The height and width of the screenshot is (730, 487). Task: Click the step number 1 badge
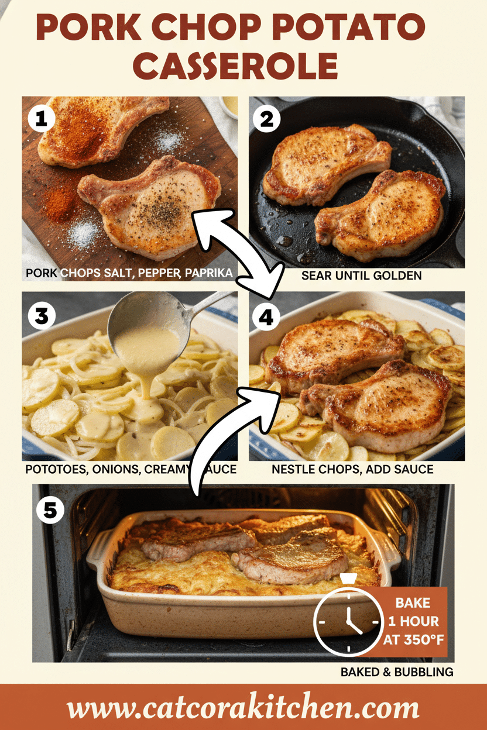(x=41, y=119)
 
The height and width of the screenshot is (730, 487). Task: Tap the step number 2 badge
(x=267, y=119)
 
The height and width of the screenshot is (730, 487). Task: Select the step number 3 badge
(x=41, y=316)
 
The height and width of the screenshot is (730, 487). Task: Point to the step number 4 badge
(x=267, y=316)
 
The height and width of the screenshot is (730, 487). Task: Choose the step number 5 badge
(x=50, y=510)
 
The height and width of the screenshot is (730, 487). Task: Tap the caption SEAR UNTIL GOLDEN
(x=361, y=275)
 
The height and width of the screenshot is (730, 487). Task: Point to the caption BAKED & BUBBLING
(x=397, y=672)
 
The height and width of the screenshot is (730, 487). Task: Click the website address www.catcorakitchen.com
(x=243, y=708)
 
